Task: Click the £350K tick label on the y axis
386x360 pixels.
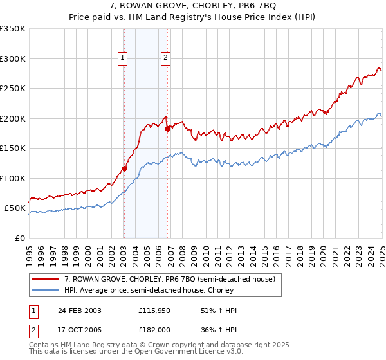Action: click(x=13, y=29)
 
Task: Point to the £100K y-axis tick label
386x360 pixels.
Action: click(x=13, y=178)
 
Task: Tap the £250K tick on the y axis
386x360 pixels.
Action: click(x=13, y=89)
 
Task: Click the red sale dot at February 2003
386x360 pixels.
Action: click(x=124, y=169)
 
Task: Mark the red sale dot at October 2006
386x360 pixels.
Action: click(x=167, y=129)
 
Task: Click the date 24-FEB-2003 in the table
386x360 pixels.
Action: click(x=80, y=310)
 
